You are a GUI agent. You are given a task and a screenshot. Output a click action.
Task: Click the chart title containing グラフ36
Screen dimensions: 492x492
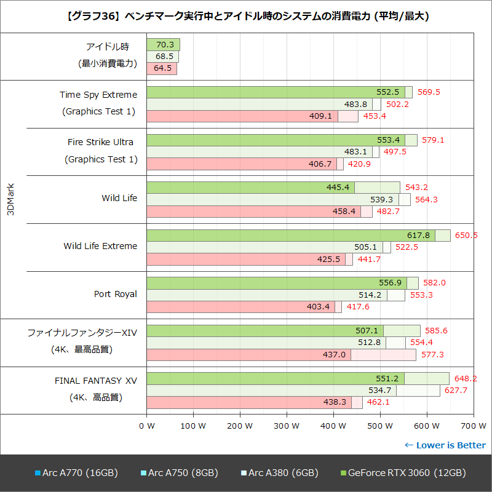pos(246,16)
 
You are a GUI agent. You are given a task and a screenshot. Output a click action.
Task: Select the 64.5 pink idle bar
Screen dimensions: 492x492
pos(162,68)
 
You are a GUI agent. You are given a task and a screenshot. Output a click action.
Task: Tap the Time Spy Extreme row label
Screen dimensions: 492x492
pos(98,95)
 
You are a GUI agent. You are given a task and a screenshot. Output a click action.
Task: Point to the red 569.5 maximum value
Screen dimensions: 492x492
pos(429,92)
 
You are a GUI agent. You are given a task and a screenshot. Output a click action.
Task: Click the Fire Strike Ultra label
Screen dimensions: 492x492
pos(100,142)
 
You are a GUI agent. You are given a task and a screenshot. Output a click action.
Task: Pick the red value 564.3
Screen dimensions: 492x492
pos(427,199)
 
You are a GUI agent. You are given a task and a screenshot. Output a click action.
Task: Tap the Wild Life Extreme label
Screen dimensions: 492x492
pos(100,246)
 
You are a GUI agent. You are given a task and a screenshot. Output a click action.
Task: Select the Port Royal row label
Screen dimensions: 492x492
pos(116,294)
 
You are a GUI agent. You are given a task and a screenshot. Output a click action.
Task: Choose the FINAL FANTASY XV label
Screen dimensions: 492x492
pos(96,381)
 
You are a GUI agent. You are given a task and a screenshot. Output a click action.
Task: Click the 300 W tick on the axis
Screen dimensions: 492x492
pos(287,426)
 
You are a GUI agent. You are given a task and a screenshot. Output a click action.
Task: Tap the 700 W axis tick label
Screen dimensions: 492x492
pos(473,426)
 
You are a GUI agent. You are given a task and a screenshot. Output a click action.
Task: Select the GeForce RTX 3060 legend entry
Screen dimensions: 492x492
pos(403,473)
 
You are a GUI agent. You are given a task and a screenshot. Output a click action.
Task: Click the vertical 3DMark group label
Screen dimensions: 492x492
pos(10,199)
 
